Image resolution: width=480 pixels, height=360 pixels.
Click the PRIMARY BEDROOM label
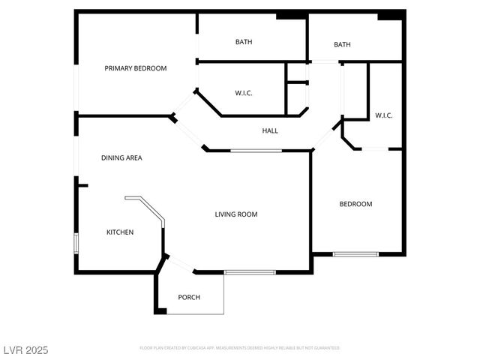click(x=136, y=68)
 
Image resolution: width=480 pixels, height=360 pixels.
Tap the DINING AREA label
click(x=121, y=158)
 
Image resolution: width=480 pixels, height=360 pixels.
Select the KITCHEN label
click(x=120, y=232)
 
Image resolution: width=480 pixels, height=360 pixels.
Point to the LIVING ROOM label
click(x=236, y=214)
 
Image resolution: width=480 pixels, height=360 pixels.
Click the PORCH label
click(x=189, y=298)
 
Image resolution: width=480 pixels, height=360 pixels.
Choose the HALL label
click(x=270, y=131)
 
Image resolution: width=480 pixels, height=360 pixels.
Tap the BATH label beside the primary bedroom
click(x=244, y=42)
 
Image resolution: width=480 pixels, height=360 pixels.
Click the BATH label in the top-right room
click(x=342, y=45)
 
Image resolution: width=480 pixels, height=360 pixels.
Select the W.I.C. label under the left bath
click(x=244, y=93)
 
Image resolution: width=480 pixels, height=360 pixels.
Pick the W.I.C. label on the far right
click(x=384, y=115)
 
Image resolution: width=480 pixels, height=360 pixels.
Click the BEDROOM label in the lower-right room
click(x=355, y=204)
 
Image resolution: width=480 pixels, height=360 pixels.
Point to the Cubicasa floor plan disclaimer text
click(x=240, y=348)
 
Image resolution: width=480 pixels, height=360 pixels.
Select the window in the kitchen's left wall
click(x=75, y=244)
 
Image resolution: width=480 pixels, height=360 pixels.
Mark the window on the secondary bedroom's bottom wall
click(x=355, y=254)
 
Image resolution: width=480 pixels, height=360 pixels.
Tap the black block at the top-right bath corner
click(x=390, y=15)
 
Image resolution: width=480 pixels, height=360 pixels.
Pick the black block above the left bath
click(x=291, y=15)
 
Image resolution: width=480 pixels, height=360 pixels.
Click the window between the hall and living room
click(x=256, y=151)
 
